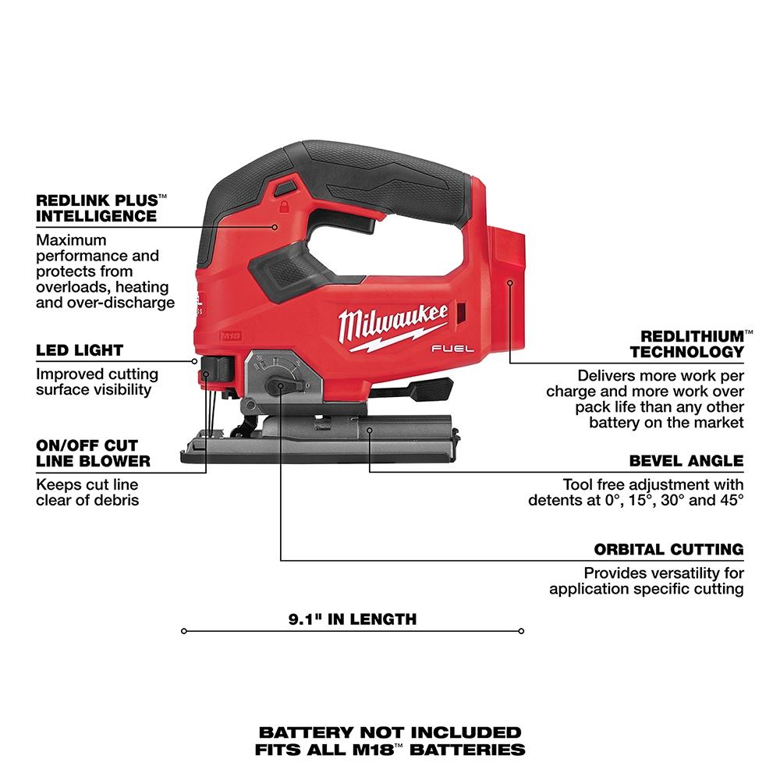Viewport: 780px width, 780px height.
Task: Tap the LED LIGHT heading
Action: point(80,350)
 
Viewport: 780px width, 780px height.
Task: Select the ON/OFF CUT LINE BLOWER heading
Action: point(93,452)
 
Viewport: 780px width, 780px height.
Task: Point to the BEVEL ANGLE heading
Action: point(686,460)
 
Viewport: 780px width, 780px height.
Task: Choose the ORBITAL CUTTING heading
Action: point(668,549)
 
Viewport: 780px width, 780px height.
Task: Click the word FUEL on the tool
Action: point(453,352)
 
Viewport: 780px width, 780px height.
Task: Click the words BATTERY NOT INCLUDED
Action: point(390,732)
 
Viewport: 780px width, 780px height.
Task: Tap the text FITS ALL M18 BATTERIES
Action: point(390,750)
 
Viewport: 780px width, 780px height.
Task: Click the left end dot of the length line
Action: point(183,630)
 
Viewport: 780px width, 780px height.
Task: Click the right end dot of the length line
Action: point(521,630)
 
